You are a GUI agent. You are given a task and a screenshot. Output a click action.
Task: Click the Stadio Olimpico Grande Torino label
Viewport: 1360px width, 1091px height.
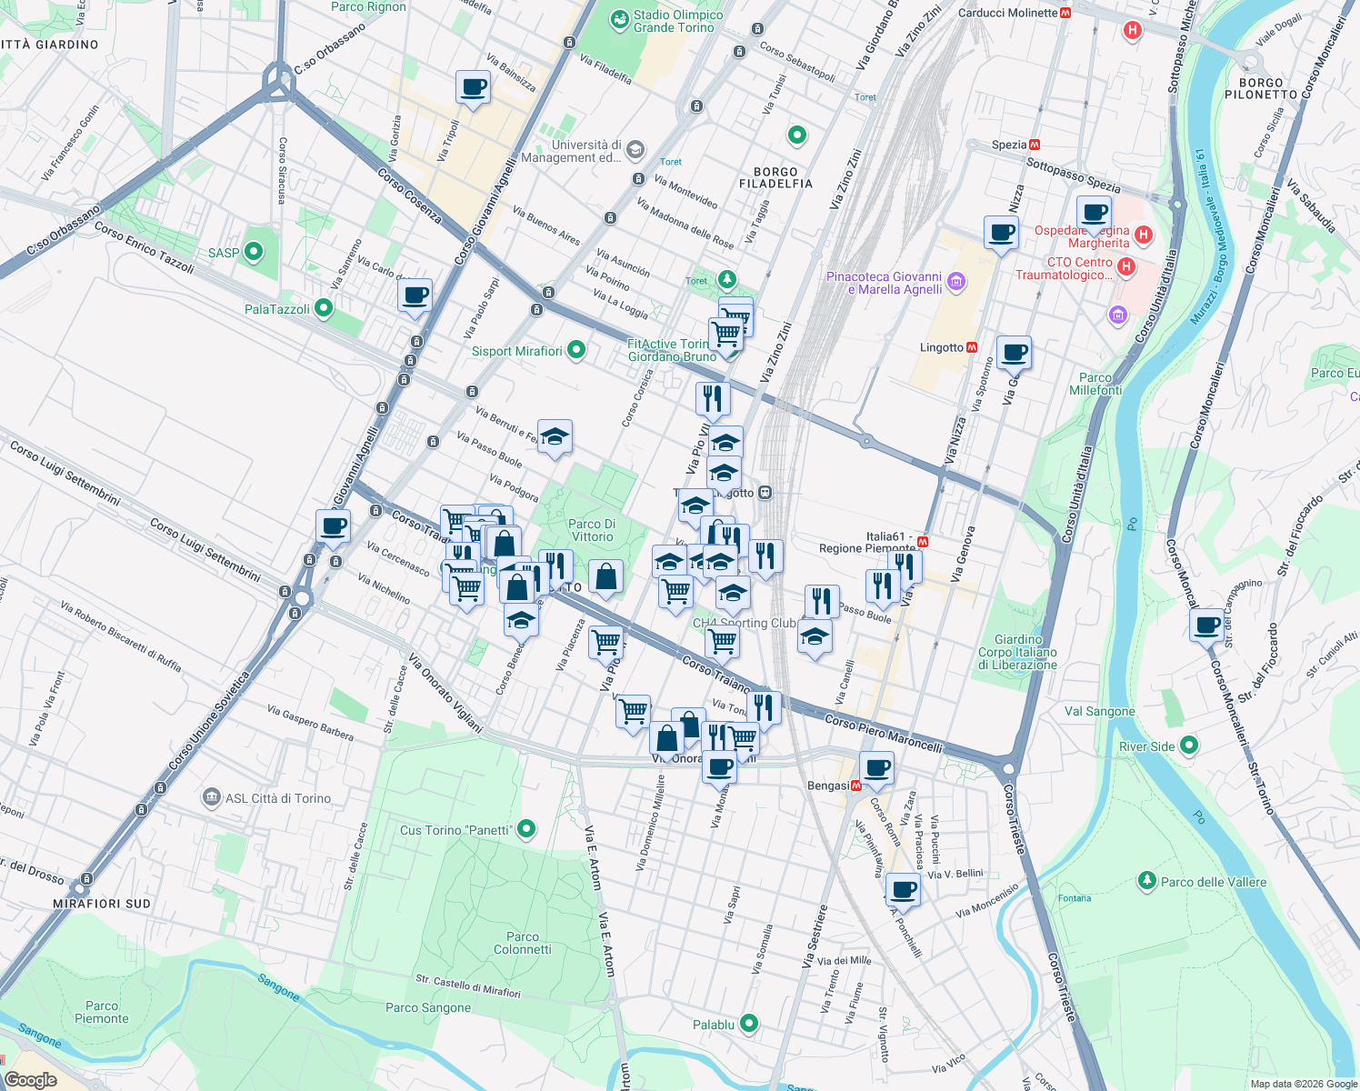(677, 21)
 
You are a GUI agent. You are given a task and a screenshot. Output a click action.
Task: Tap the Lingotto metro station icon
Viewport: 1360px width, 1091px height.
(972, 347)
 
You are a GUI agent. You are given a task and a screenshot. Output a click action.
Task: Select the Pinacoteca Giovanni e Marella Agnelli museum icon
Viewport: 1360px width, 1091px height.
(955, 282)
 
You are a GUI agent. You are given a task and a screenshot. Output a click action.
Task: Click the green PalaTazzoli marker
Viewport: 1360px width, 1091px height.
(325, 309)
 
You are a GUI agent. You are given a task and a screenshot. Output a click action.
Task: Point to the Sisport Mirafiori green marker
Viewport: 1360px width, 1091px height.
(575, 350)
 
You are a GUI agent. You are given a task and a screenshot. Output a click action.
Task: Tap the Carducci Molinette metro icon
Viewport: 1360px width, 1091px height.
(1065, 13)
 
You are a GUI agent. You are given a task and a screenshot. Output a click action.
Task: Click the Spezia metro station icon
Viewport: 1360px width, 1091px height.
(1035, 145)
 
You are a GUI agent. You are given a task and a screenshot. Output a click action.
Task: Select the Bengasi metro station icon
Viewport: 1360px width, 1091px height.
(855, 786)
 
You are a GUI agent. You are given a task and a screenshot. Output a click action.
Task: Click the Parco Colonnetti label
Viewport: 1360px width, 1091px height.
(522, 943)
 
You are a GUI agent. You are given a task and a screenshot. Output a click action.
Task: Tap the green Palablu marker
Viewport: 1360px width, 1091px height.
(748, 1024)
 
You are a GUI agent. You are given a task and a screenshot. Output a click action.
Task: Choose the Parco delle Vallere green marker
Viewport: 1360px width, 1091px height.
(1146, 881)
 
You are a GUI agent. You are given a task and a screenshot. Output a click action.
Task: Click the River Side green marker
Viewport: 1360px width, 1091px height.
(1188, 746)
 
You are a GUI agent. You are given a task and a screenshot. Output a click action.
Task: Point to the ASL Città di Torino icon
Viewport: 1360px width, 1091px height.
(212, 797)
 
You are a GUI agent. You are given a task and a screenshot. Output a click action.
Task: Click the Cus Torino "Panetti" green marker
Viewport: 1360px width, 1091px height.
(525, 829)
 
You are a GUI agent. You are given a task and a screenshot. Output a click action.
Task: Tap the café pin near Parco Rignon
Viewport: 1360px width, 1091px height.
(473, 87)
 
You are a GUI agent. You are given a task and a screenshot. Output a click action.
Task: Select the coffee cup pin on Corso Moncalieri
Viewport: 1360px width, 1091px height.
(1207, 626)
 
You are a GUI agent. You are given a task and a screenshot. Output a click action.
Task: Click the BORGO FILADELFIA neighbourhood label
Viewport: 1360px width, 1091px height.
(775, 177)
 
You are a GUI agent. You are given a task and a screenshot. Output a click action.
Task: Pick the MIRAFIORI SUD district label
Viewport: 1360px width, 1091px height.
(101, 904)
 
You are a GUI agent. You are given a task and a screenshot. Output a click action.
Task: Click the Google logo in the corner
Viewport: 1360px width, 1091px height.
(30, 1080)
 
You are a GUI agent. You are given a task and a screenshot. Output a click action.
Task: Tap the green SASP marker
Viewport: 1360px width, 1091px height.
(254, 252)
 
